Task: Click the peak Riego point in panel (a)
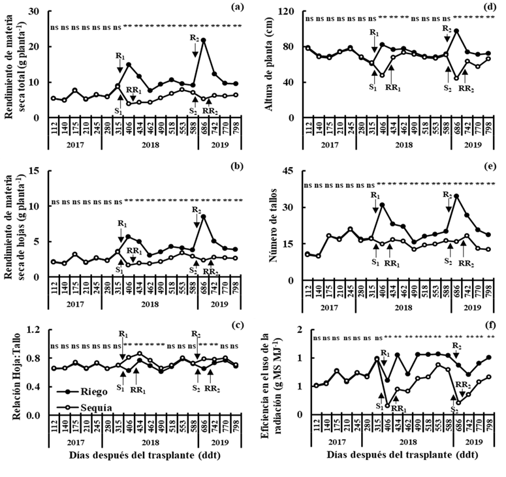point(204,40)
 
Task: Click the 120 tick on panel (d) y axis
point(291,12)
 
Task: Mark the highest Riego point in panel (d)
point(456,31)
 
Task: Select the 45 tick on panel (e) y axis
point(293,173)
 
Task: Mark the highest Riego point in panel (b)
point(204,216)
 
